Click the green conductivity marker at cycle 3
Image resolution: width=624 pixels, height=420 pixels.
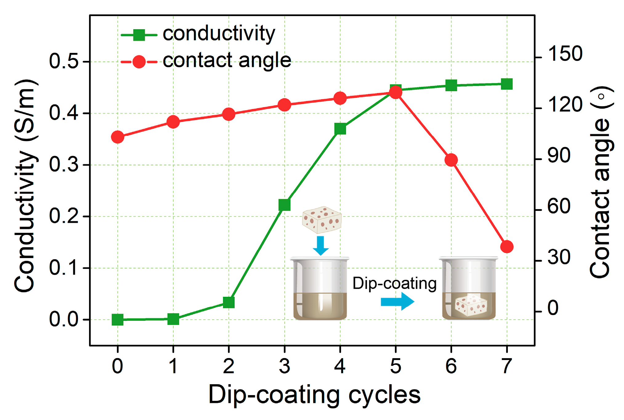284,204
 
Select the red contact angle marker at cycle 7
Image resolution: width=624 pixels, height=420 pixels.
507,247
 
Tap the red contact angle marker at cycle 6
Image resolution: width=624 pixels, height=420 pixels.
451,160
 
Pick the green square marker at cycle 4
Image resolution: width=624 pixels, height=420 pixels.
340,129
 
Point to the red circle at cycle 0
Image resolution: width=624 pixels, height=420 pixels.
118,137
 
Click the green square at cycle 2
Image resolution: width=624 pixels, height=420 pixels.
229,302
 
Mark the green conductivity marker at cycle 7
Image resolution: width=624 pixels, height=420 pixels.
507,84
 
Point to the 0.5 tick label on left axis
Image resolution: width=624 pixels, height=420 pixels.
64,61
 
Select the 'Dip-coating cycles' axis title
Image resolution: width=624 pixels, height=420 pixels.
314,395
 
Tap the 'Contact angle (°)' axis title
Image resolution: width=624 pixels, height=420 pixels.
601,182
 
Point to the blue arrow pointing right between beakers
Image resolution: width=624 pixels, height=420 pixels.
397,301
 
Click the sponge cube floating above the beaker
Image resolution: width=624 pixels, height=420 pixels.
322,220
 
